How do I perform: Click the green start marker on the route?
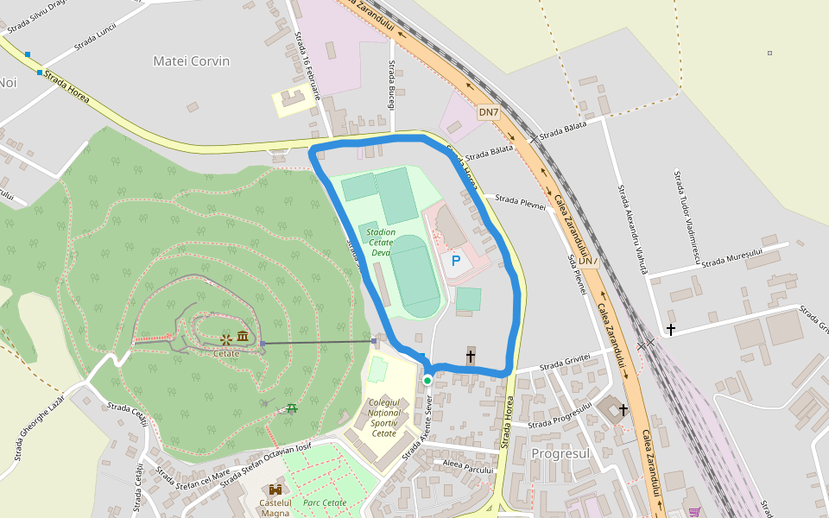tap(427, 380)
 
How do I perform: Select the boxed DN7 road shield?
tap(489, 112)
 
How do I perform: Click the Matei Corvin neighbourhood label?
tap(192, 61)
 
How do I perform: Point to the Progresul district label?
tap(560, 453)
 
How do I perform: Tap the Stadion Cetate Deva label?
tap(381, 248)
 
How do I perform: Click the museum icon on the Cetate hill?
tap(243, 337)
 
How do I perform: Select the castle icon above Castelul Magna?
tap(275, 490)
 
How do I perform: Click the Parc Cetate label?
tap(325, 502)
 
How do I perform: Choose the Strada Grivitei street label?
tap(565, 367)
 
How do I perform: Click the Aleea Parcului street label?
tap(466, 467)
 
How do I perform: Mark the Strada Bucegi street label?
tap(392, 85)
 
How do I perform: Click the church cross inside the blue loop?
tap(471, 356)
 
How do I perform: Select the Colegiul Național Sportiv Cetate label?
tap(383, 418)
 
